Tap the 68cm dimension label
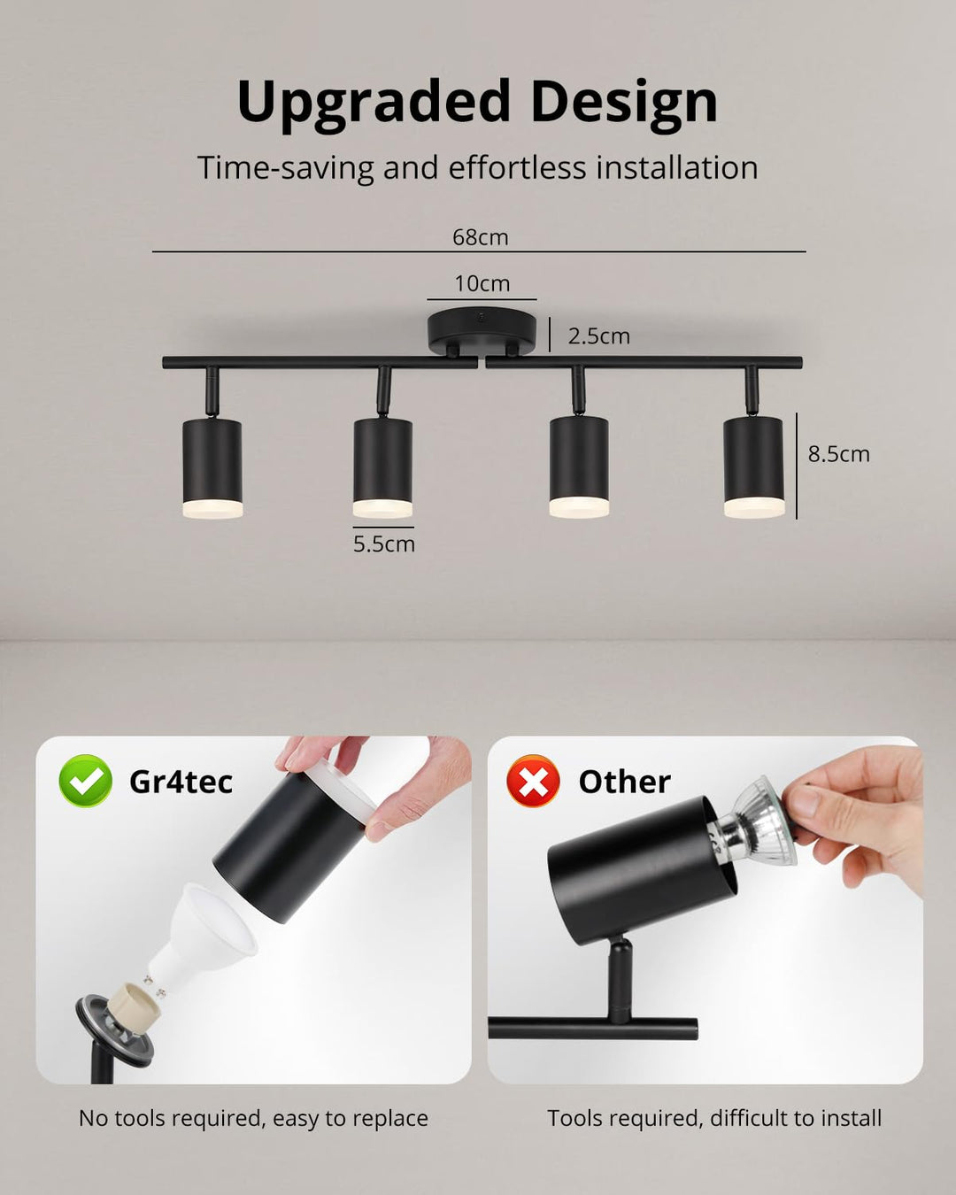pyautogui.click(x=481, y=237)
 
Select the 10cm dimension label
pyautogui.click(x=482, y=284)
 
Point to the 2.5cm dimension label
pyautogui.click(x=598, y=336)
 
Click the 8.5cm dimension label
pyautogui.click(x=839, y=454)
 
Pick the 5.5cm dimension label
pyautogui.click(x=384, y=544)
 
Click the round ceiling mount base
pyautogui.click(x=482, y=332)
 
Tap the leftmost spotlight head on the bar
pyautogui.click(x=212, y=467)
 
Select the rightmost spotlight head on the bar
pyautogui.click(x=753, y=467)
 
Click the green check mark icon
pyautogui.click(x=86, y=781)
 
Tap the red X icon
pyautogui.click(x=533, y=781)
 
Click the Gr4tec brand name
pyautogui.click(x=181, y=782)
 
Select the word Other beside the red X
pyautogui.click(x=624, y=782)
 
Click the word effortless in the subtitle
pyautogui.click(x=518, y=167)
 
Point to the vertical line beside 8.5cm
pyautogui.click(x=797, y=466)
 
